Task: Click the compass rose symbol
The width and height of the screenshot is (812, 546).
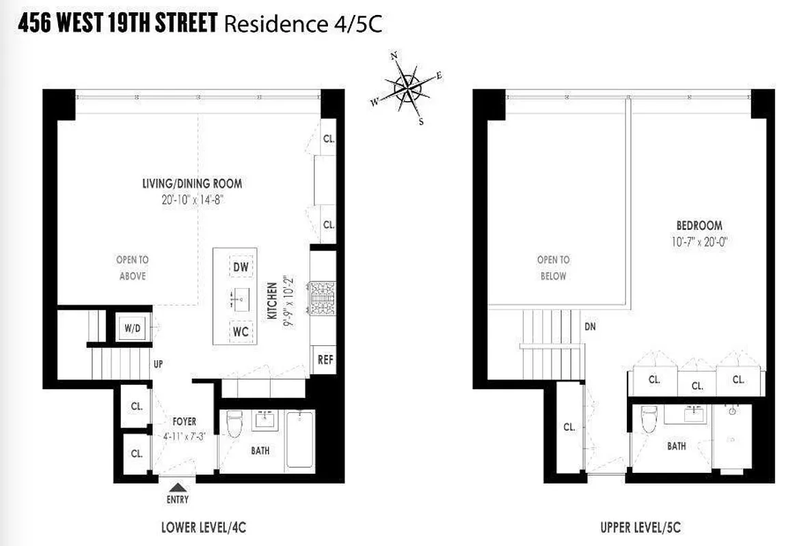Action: click(x=407, y=88)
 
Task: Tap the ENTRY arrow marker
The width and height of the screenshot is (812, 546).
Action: click(x=177, y=487)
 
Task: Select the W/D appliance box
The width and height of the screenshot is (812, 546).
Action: click(x=131, y=328)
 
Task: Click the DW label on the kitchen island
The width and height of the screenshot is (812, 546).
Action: click(x=241, y=268)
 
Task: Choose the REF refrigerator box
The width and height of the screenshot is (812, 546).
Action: click(x=325, y=359)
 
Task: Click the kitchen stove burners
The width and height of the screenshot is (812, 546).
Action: click(x=321, y=298)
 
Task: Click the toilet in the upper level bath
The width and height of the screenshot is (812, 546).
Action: click(x=649, y=419)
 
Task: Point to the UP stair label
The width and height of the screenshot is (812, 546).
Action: click(x=158, y=364)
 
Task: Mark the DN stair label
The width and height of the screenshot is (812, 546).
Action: click(x=590, y=327)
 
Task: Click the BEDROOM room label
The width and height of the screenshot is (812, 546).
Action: click(x=699, y=225)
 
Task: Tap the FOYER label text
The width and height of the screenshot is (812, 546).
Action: click(x=185, y=422)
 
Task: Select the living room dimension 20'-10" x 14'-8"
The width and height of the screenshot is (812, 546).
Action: click(x=192, y=199)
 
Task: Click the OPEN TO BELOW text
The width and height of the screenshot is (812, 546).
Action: click(x=553, y=268)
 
